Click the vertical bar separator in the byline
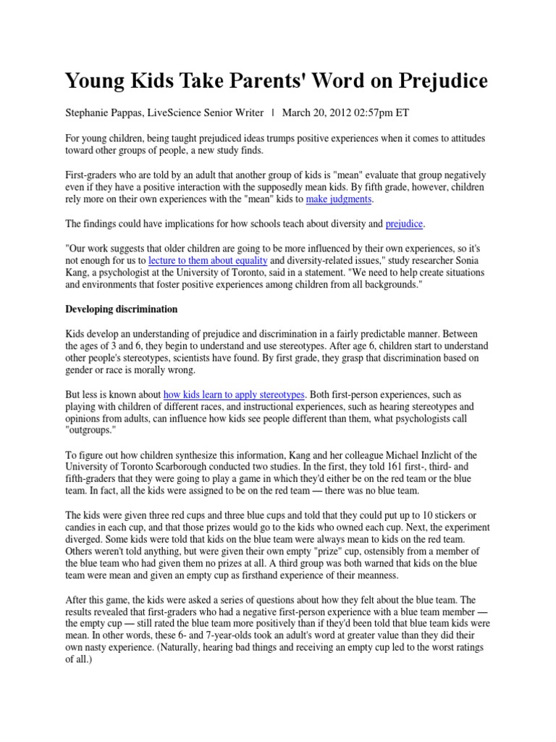(x=272, y=113)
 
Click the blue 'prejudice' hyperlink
(x=404, y=224)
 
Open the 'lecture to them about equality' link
(x=208, y=259)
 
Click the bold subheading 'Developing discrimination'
(x=121, y=309)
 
